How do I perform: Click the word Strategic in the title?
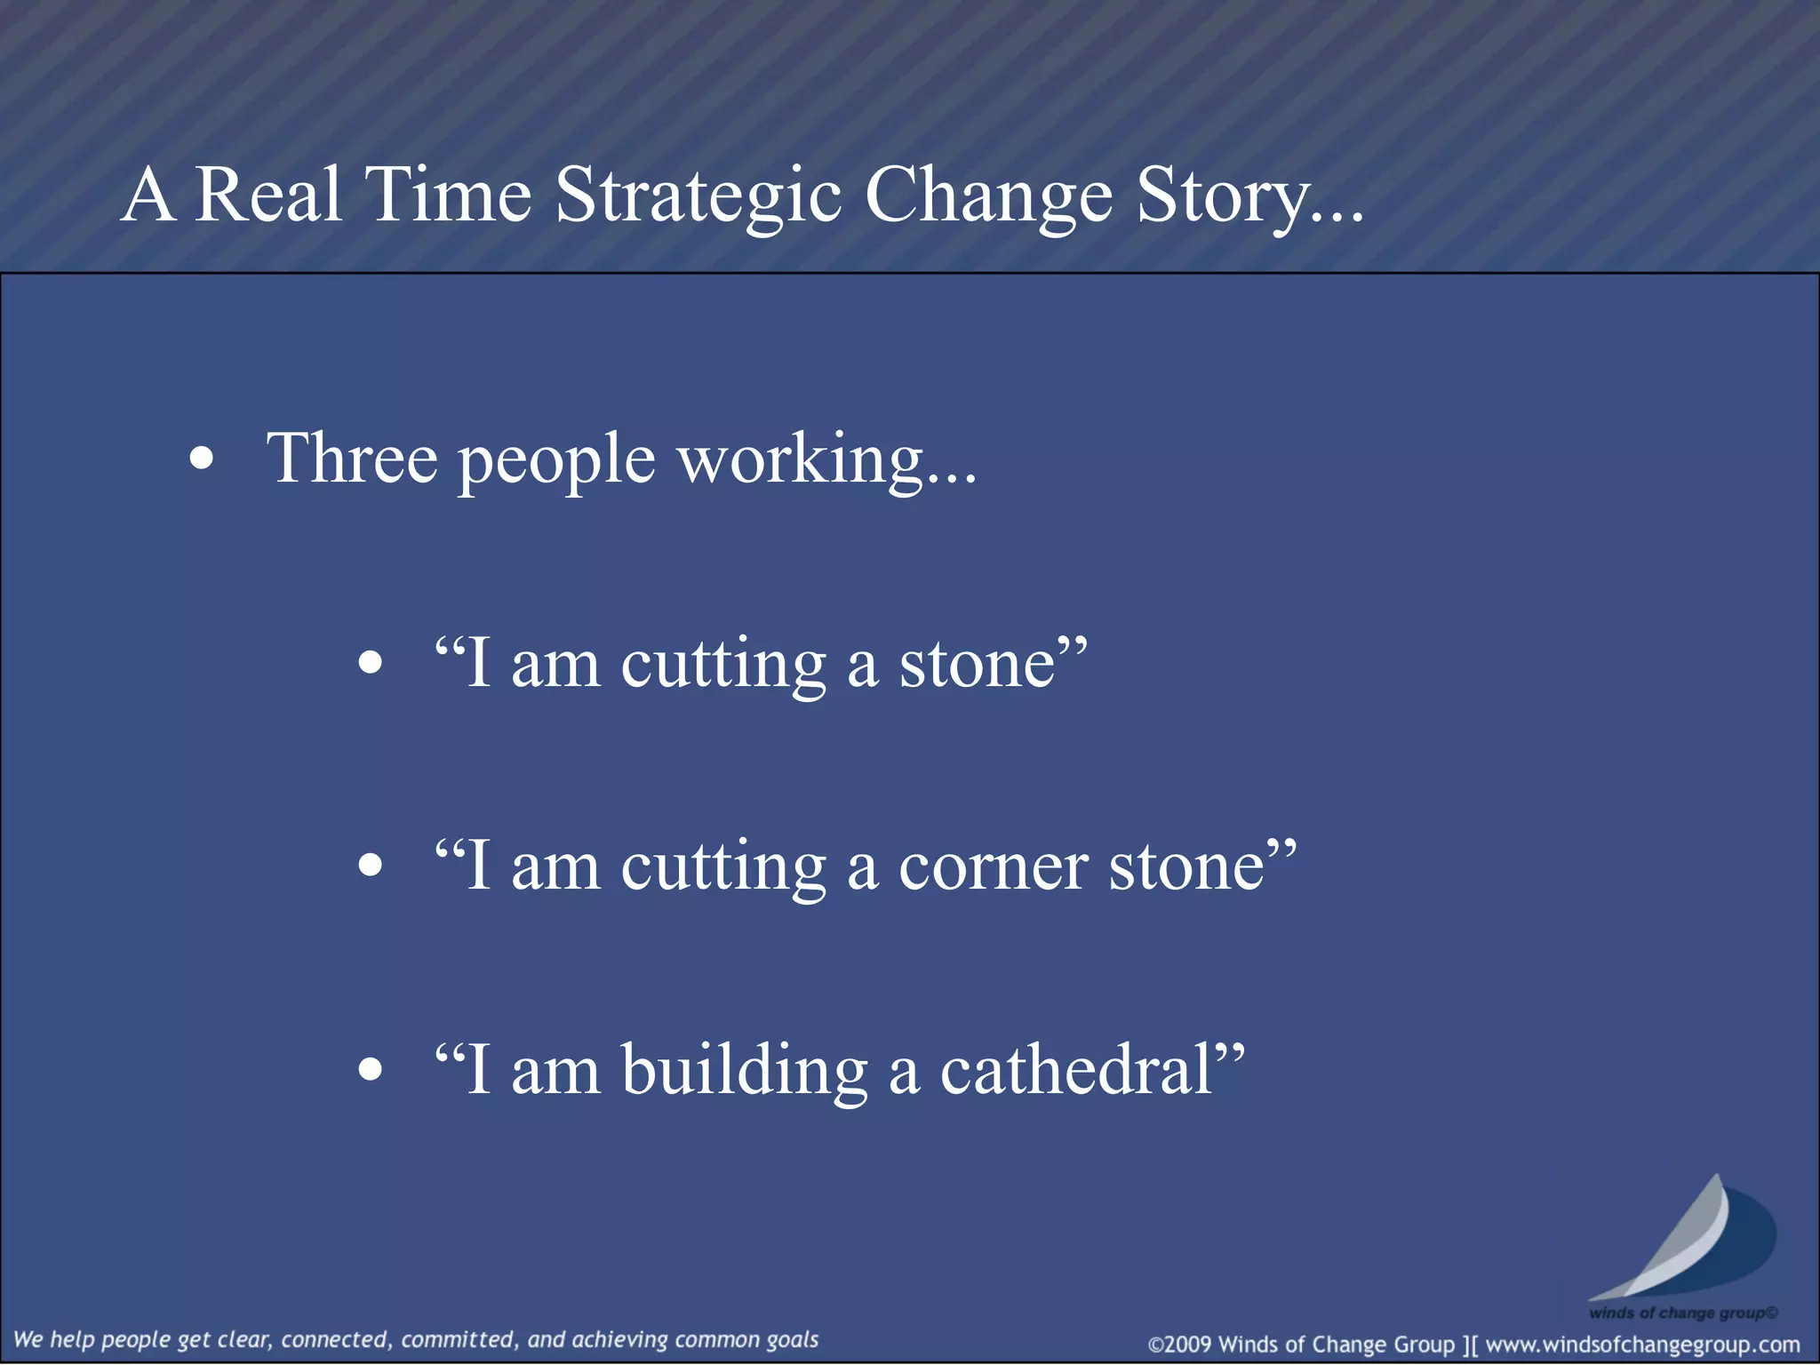click(x=698, y=196)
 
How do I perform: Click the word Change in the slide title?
click(x=988, y=196)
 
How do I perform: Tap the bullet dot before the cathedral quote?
click(x=370, y=1069)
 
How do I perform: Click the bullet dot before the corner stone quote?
click(x=370, y=866)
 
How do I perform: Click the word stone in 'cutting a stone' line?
click(x=978, y=665)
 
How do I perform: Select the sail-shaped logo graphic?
click(x=1684, y=1240)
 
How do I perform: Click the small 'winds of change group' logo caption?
click(x=1682, y=1313)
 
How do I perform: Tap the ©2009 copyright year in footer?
click(x=1180, y=1345)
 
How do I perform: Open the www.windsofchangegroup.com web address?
click(x=1643, y=1345)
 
